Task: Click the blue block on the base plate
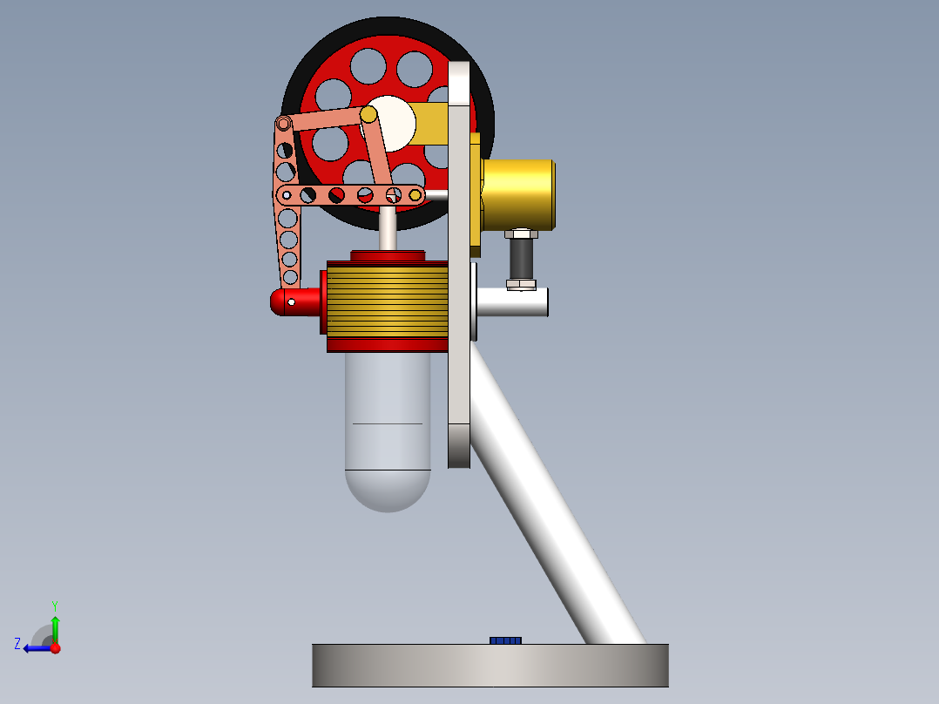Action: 505,640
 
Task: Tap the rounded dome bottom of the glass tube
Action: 388,492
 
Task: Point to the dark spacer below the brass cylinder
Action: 521,259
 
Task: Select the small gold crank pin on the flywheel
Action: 368,114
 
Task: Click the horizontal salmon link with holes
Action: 348,194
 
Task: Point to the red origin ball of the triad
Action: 56,647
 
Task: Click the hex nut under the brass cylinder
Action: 521,234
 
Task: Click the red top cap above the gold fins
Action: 388,255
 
